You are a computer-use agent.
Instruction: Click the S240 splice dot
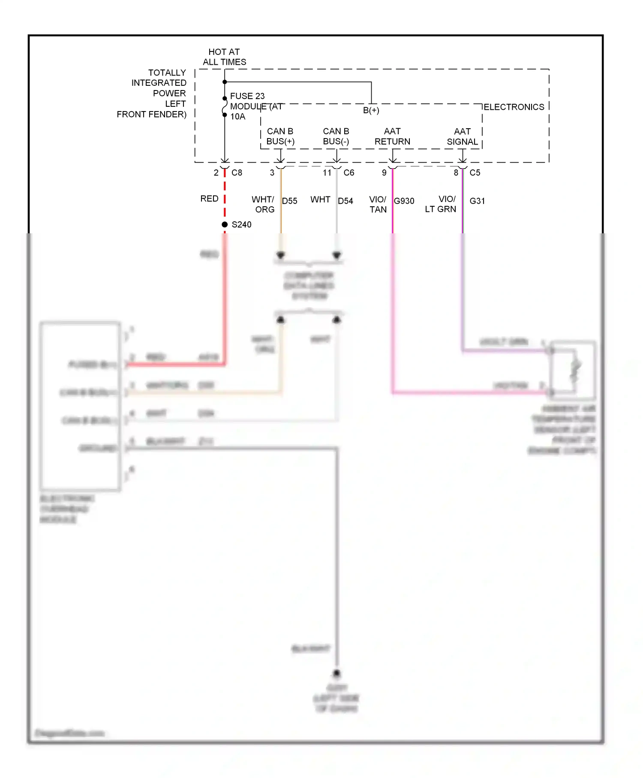pyautogui.click(x=225, y=224)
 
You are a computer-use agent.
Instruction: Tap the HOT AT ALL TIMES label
pyautogui.click(x=224, y=57)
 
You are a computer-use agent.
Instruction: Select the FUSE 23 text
pyautogui.click(x=247, y=96)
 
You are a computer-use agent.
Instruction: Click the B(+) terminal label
pyautogui.click(x=371, y=110)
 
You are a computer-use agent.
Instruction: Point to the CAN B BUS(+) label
pyautogui.click(x=280, y=136)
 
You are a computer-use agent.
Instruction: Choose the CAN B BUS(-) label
pyautogui.click(x=336, y=136)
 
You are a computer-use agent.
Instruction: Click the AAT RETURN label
pyautogui.click(x=392, y=136)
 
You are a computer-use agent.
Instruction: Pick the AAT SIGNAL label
pyautogui.click(x=462, y=136)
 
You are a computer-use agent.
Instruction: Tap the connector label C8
pyautogui.click(x=237, y=173)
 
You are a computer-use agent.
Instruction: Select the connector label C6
pyautogui.click(x=349, y=173)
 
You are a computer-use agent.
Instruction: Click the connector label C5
pyautogui.click(x=475, y=173)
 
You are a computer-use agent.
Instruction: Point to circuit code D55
pyautogui.click(x=290, y=201)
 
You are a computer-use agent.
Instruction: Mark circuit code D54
pyautogui.click(x=346, y=201)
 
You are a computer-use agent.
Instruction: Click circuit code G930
pyautogui.click(x=404, y=201)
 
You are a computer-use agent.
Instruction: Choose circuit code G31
pyautogui.click(x=477, y=201)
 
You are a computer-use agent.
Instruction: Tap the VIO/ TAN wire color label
pyautogui.click(x=378, y=205)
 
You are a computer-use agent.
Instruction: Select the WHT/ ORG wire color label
pyautogui.click(x=263, y=205)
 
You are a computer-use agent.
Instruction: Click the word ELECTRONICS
pyautogui.click(x=514, y=107)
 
